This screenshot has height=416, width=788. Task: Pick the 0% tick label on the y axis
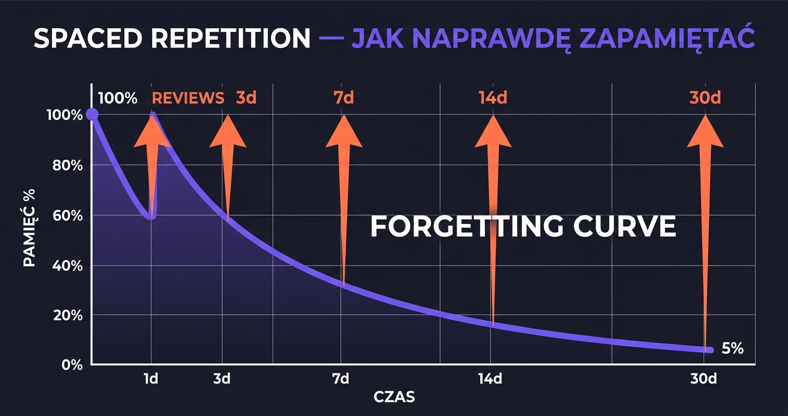tap(71, 365)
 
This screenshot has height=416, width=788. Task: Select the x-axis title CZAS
tap(394, 397)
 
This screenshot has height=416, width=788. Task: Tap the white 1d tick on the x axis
tap(151, 379)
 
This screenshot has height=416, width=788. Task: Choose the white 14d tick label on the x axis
tap(490, 379)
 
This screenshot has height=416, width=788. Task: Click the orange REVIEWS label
tap(188, 98)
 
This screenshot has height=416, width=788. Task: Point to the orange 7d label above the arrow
tap(344, 98)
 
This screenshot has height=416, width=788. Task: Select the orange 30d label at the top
tap(705, 98)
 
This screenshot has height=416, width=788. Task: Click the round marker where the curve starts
tap(92, 115)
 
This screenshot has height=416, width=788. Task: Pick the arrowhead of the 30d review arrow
tap(705, 133)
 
